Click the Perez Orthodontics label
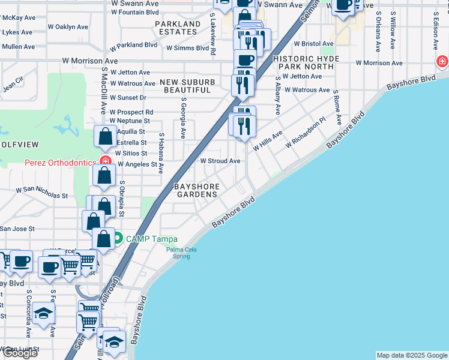pos(59,163)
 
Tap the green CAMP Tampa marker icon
pos(118,238)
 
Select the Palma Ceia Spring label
pos(178,253)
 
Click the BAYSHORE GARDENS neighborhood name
pos(196,190)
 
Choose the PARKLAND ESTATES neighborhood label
pos(177,28)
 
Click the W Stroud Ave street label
pos(220,161)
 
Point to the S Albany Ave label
pos(278,95)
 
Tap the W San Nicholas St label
pos(42,193)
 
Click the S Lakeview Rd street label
pos(212,37)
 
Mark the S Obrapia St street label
pos(121,198)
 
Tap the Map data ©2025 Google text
pos(412,355)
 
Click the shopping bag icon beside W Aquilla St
pos(106,136)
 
